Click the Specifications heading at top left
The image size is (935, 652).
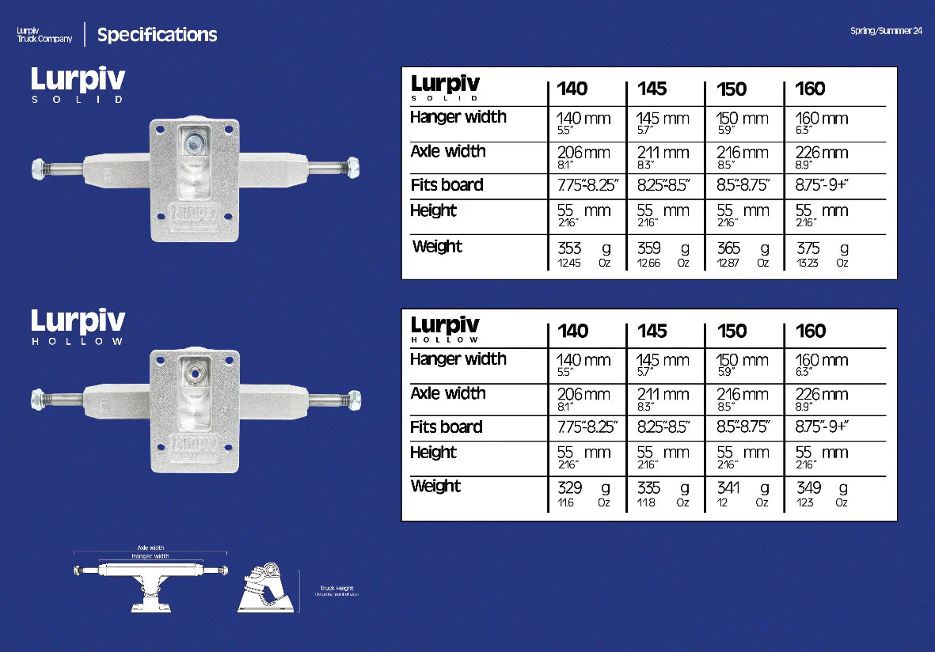click(x=157, y=35)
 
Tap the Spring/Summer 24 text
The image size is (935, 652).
click(x=886, y=31)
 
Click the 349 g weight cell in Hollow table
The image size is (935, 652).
click(x=822, y=494)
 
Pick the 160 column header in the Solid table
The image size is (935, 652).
click(x=810, y=89)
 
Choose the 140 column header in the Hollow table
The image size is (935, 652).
click(x=572, y=331)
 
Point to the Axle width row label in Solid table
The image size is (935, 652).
click(x=448, y=151)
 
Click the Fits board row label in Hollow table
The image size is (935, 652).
click(x=447, y=427)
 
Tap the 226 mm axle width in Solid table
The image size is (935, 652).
click(x=822, y=153)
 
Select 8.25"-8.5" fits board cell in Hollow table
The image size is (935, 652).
click(x=663, y=427)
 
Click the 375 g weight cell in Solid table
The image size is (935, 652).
click(x=822, y=253)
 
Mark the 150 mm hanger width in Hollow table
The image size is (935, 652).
click(x=742, y=361)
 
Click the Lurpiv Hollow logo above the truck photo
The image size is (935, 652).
click(x=78, y=327)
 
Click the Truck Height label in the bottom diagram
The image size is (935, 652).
click(x=337, y=589)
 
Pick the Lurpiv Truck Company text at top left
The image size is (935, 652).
click(x=44, y=35)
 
